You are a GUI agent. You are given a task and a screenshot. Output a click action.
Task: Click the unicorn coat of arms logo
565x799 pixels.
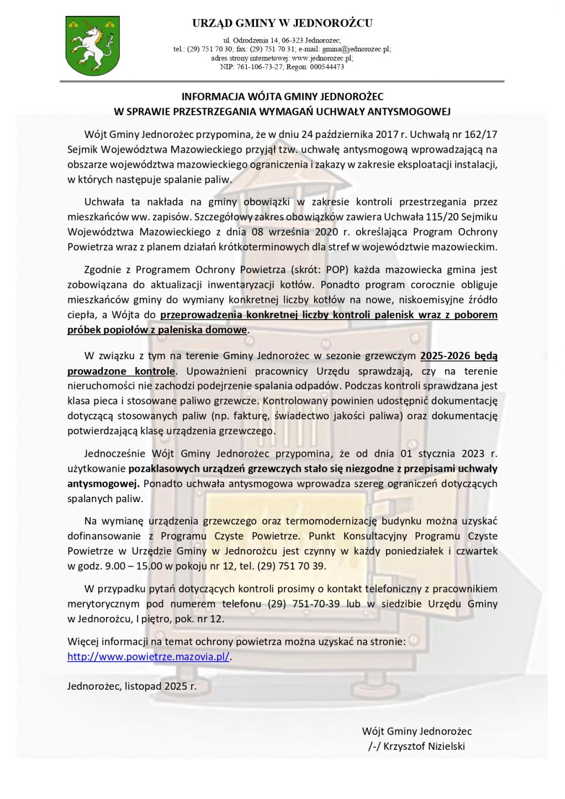pos(92,46)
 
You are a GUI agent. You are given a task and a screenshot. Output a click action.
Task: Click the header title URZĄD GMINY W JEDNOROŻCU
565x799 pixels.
pos(282,23)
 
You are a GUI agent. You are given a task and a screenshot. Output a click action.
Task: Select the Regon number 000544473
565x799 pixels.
pos(326,67)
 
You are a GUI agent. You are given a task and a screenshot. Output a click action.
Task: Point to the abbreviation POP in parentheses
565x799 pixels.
pos(336,270)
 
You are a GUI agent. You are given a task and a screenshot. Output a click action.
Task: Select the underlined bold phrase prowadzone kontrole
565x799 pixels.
pos(121,371)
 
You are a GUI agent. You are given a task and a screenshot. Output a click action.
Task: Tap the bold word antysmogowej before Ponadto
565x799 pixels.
pos(103,484)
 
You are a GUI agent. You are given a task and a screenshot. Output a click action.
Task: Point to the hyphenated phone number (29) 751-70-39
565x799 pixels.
pos(303,604)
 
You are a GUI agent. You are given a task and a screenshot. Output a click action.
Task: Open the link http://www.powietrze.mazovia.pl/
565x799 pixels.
pos(148,657)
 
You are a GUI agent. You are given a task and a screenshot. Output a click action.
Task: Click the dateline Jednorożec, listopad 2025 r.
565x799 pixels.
pos(132,686)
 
